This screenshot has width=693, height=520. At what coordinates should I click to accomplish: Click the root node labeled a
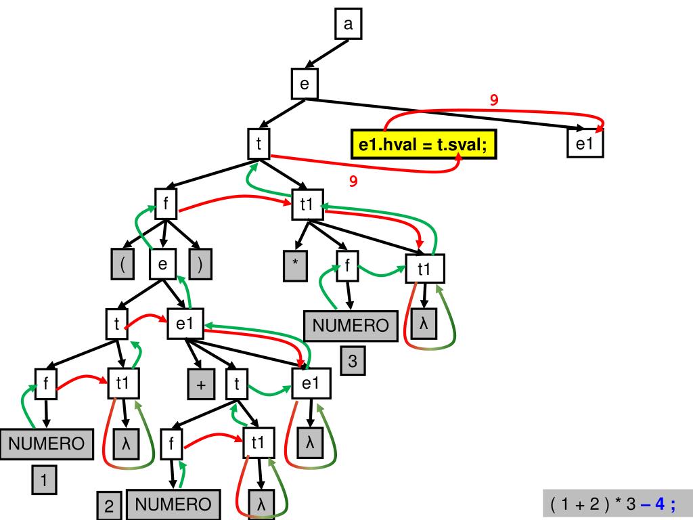[348, 25]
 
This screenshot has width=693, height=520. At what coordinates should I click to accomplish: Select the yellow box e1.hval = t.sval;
[424, 144]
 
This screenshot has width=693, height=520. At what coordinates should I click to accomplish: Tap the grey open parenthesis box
[122, 264]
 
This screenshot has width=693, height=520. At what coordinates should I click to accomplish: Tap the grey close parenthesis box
[200, 264]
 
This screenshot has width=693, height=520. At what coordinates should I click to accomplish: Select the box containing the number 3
[353, 361]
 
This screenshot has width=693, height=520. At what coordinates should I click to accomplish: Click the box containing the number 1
[43, 481]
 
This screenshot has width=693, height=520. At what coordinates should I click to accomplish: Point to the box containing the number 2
[108, 506]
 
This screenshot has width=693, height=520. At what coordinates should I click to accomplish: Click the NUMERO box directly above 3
[350, 326]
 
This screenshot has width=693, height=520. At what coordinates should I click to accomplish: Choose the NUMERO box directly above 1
[46, 443]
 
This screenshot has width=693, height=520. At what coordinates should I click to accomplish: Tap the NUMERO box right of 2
[173, 504]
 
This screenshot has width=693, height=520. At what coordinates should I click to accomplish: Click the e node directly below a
[304, 84]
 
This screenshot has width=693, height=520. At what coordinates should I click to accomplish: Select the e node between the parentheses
[162, 264]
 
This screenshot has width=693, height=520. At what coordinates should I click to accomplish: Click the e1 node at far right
[585, 144]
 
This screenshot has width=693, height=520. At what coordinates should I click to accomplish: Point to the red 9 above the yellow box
[494, 100]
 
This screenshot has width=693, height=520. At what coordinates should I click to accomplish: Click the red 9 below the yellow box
[353, 181]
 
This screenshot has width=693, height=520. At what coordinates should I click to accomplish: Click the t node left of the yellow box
[259, 143]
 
